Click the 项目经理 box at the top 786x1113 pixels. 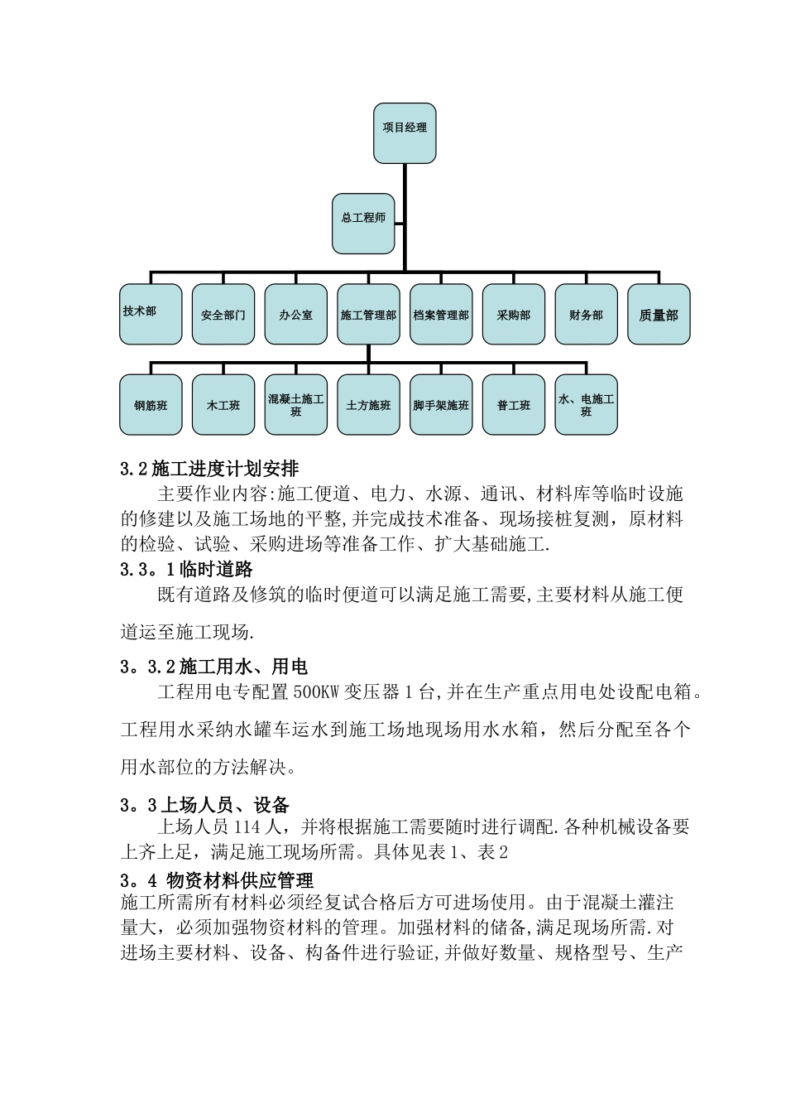coord(405,132)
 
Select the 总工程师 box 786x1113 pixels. coord(363,224)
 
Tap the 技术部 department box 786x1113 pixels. coord(151,315)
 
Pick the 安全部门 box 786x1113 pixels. coord(223,315)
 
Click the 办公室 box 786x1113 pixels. coord(296,315)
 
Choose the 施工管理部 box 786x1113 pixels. coord(368,315)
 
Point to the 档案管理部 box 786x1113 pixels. coord(441,315)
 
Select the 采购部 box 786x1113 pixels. coord(514,315)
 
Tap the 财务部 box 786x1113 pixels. coord(586,315)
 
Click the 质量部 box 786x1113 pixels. coord(659,315)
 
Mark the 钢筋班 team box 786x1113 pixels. coord(151,405)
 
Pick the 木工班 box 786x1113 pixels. coord(223,405)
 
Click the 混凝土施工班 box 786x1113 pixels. coord(296,405)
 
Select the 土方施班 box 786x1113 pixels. coord(368,405)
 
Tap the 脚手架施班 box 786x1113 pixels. coord(441,405)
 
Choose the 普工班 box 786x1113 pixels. coord(514,405)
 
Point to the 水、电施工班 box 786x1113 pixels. coord(586,405)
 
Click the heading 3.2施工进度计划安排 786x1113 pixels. coord(215,470)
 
